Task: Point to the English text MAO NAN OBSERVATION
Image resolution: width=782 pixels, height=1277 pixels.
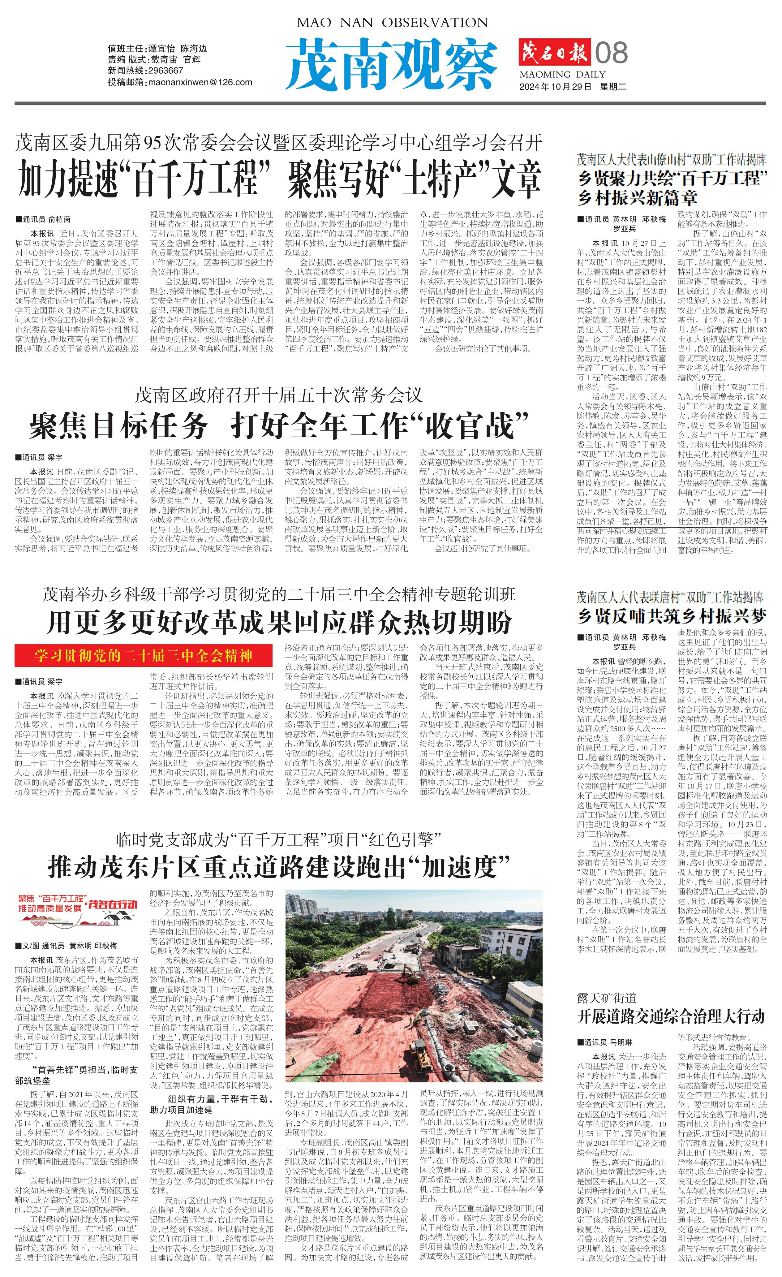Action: [x=392, y=23]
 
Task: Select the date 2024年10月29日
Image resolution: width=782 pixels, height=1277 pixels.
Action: [x=555, y=87]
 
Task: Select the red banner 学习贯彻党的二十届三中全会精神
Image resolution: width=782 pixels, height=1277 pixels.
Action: [x=144, y=656]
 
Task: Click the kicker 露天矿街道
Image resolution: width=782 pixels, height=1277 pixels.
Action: [x=606, y=998]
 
